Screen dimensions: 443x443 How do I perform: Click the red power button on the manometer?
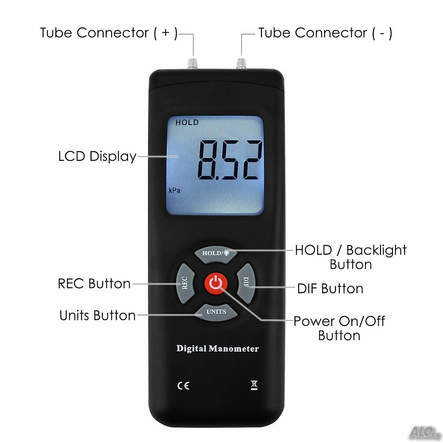(x=216, y=283)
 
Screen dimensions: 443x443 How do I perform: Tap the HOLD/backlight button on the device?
(x=216, y=253)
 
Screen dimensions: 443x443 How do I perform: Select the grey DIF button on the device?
(x=245, y=284)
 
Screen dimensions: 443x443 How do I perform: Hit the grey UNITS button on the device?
(x=216, y=312)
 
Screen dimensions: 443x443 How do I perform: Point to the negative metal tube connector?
(x=241, y=63)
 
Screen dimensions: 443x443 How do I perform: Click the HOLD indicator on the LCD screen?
(x=187, y=122)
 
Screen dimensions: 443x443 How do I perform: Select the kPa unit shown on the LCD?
(x=174, y=190)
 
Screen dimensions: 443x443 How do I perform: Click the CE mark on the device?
(x=183, y=386)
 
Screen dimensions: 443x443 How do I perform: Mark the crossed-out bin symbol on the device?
(x=254, y=385)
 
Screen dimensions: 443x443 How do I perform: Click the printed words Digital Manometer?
(x=218, y=349)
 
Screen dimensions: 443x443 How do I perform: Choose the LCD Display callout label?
(x=97, y=156)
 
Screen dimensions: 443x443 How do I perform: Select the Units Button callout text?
(x=97, y=315)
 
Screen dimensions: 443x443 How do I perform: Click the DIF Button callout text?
(x=330, y=289)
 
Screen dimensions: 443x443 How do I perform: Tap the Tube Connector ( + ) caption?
(x=109, y=33)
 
